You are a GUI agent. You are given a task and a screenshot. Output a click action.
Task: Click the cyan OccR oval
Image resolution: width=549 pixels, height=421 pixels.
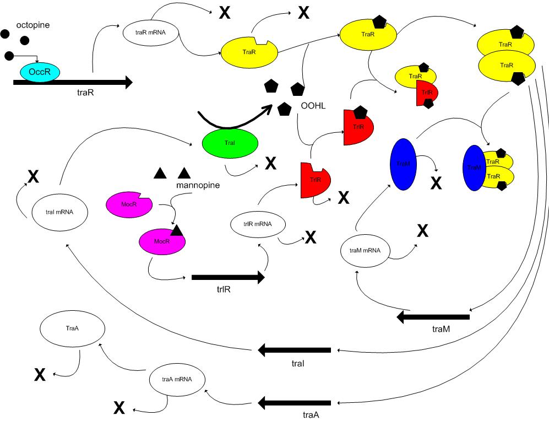pyautogui.click(x=40, y=72)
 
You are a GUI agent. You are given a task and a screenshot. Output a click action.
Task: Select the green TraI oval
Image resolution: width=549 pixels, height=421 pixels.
pyautogui.click(x=230, y=143)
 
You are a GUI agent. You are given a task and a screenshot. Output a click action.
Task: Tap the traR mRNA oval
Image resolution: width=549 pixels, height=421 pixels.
pyautogui.click(x=150, y=32)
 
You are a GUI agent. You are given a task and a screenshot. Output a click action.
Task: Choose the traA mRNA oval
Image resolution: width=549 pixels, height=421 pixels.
pyautogui.click(x=177, y=380)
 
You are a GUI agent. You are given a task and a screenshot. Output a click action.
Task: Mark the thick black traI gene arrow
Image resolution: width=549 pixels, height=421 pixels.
pyautogui.click(x=295, y=349)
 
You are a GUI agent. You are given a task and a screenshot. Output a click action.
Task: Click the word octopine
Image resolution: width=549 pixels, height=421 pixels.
pyautogui.click(x=33, y=26)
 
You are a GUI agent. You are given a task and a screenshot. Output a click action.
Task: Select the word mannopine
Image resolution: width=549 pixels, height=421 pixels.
pyautogui.click(x=198, y=185)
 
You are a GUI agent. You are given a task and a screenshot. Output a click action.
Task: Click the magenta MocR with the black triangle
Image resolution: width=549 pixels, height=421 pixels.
pyautogui.click(x=162, y=241)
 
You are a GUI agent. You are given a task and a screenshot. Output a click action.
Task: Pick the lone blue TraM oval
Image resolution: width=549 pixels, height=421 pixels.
pyautogui.click(x=403, y=164)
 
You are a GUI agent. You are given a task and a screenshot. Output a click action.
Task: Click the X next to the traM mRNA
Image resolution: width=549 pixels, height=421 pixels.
pyautogui.click(x=422, y=231)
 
